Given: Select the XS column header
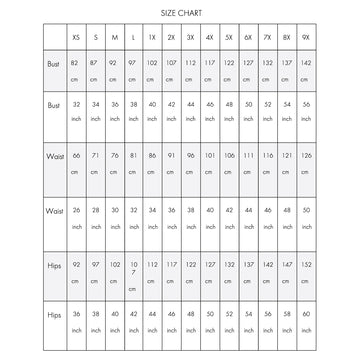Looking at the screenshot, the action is pyautogui.click(x=78, y=37).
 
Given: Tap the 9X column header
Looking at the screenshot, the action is pyautogui.click(x=305, y=37).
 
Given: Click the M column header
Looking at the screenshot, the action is pyautogui.click(x=116, y=37).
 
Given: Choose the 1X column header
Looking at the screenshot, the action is pyautogui.click(x=153, y=37).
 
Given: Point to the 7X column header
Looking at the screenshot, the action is pyautogui.click(x=267, y=37).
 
